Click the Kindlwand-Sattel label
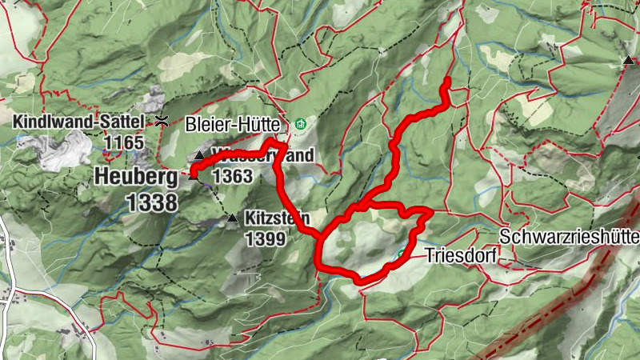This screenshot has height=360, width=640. tap(79, 122)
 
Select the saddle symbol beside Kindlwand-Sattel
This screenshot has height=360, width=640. tap(162, 121)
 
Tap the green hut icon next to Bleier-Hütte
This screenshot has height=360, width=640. tap(301, 124)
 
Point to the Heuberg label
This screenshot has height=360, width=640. tap(136, 176)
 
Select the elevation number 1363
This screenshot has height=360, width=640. tap(233, 175)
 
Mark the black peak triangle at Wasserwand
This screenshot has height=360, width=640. tap(199, 155)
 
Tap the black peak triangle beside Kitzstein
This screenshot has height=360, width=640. tap(232, 218)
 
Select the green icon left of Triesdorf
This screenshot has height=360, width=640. tap(402, 255)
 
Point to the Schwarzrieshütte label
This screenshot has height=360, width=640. tap(569, 238)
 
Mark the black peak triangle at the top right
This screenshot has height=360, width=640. tap(630, 60)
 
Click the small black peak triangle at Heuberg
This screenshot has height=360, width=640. tap(193, 178)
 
